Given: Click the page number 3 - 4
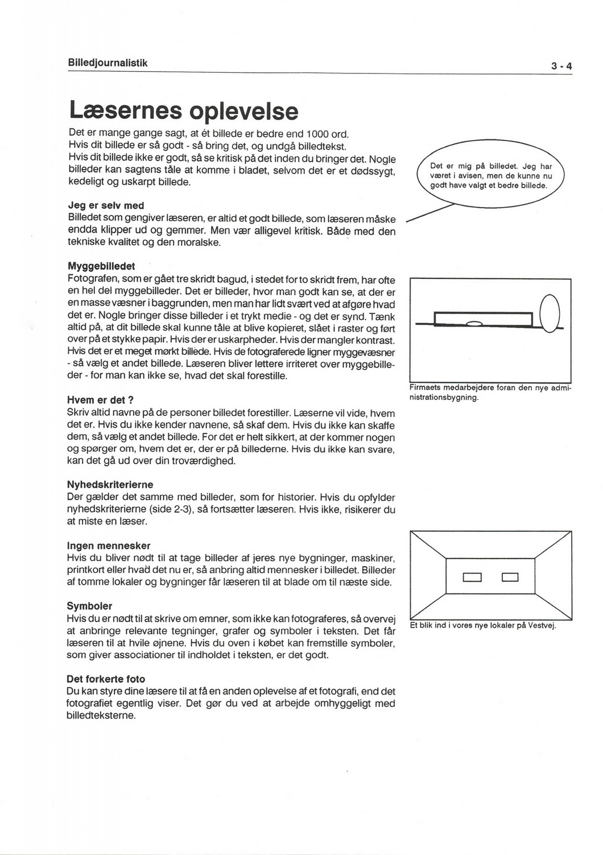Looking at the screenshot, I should coord(560,67).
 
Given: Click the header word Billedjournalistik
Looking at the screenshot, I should coord(108,63).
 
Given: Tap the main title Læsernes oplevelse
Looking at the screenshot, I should coord(183,110).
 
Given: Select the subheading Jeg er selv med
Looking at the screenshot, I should coord(105,206).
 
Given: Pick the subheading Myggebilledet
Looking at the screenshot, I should coord(101,267).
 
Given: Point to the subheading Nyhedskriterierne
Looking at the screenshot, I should coord(110,485).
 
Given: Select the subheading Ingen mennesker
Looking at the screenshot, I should coord(109,546).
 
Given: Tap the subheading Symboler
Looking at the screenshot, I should coord(89,606).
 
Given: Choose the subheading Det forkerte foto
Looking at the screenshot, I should coord(106,679).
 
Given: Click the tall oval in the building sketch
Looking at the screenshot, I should coord(550,315).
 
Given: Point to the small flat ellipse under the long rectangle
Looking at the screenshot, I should coord(474,323).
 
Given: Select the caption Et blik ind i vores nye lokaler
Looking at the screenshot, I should coord(482,625).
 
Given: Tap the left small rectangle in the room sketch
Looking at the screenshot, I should coord(472,579).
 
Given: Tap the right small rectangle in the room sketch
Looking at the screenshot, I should coord(510,579).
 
